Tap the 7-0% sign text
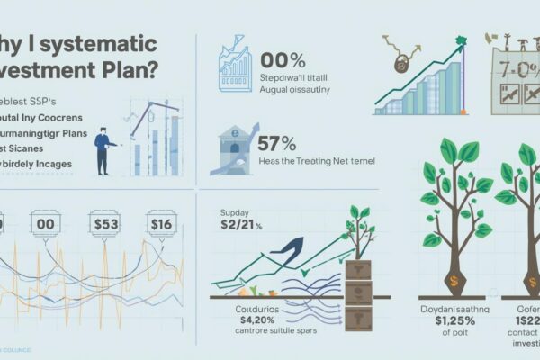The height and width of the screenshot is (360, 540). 514,71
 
